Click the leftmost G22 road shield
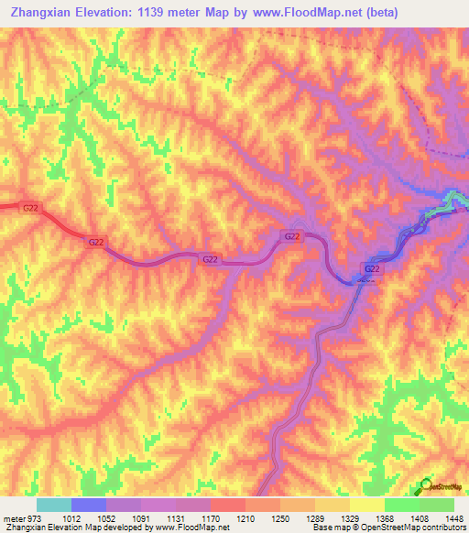point(30,208)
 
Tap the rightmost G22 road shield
point(372,268)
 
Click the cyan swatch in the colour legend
point(54,505)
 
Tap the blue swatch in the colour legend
point(89,505)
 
